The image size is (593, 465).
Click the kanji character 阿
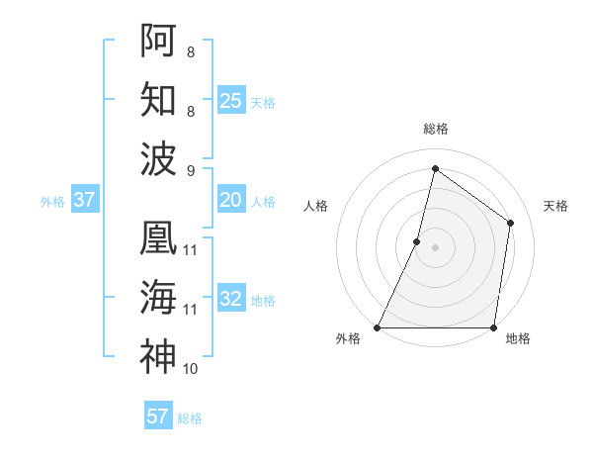point(158,40)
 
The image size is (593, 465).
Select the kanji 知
point(158,99)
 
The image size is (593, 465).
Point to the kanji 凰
point(158,238)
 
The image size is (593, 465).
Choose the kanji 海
point(158,297)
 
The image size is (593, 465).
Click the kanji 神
point(158,356)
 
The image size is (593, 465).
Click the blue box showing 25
point(231,100)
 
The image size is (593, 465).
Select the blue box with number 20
point(231,200)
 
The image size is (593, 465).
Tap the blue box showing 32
point(231,299)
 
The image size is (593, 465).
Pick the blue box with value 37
point(85,200)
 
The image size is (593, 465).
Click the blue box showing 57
point(158,417)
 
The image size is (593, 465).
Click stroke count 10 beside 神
point(191,369)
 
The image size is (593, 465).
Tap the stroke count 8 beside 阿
point(191,50)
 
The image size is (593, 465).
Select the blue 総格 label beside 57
point(190,418)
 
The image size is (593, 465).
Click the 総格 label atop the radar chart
point(435,129)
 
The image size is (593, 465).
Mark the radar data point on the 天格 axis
point(511,223)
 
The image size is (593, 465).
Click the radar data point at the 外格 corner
point(378,327)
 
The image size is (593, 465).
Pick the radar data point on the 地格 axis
point(493,327)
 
